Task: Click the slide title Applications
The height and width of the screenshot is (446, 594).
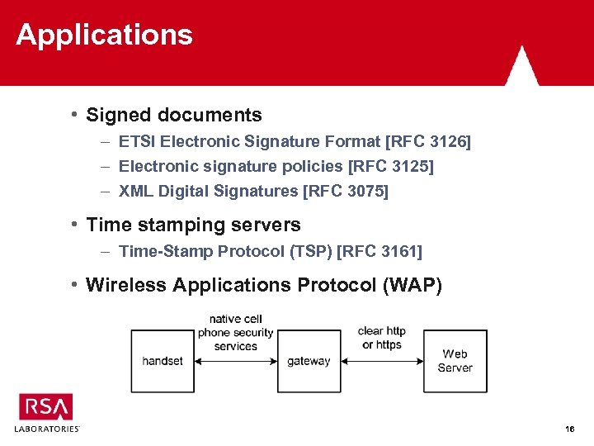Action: (104, 35)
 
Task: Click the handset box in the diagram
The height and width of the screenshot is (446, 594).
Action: (163, 361)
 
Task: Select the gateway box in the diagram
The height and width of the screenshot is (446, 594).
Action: (309, 361)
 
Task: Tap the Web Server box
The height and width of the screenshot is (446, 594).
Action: (455, 361)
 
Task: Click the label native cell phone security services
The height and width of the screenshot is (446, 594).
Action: (235, 333)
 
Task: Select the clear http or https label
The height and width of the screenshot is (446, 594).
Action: (382, 338)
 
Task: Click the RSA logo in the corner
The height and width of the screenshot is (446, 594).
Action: (46, 407)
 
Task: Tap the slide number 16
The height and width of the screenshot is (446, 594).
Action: (569, 429)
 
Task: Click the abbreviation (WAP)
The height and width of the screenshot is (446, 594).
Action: (412, 286)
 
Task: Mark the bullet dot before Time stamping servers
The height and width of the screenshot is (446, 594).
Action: (75, 224)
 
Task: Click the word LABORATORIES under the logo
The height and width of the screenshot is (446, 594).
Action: (47, 429)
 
